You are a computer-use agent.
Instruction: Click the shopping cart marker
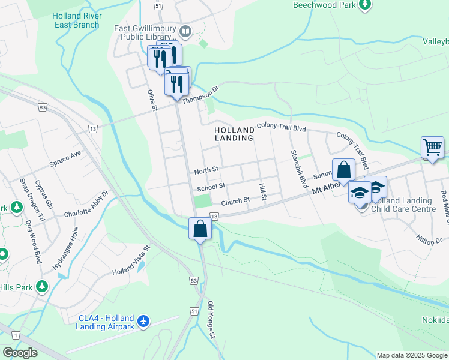pyautogui.click(x=432, y=147)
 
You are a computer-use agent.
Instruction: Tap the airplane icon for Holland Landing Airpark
pyautogui.click(x=143, y=322)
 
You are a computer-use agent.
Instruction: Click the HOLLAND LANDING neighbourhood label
pyautogui.click(x=235, y=133)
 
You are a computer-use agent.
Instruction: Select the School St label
pyautogui.click(x=211, y=187)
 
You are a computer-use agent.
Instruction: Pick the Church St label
pyautogui.click(x=235, y=201)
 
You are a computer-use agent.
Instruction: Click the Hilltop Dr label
pyautogui.click(x=430, y=239)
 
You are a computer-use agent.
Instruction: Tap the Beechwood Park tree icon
pyautogui.click(x=364, y=5)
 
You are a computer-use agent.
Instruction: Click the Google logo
pyautogui.click(x=20, y=353)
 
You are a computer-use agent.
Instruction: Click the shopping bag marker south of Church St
pyautogui.click(x=200, y=229)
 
